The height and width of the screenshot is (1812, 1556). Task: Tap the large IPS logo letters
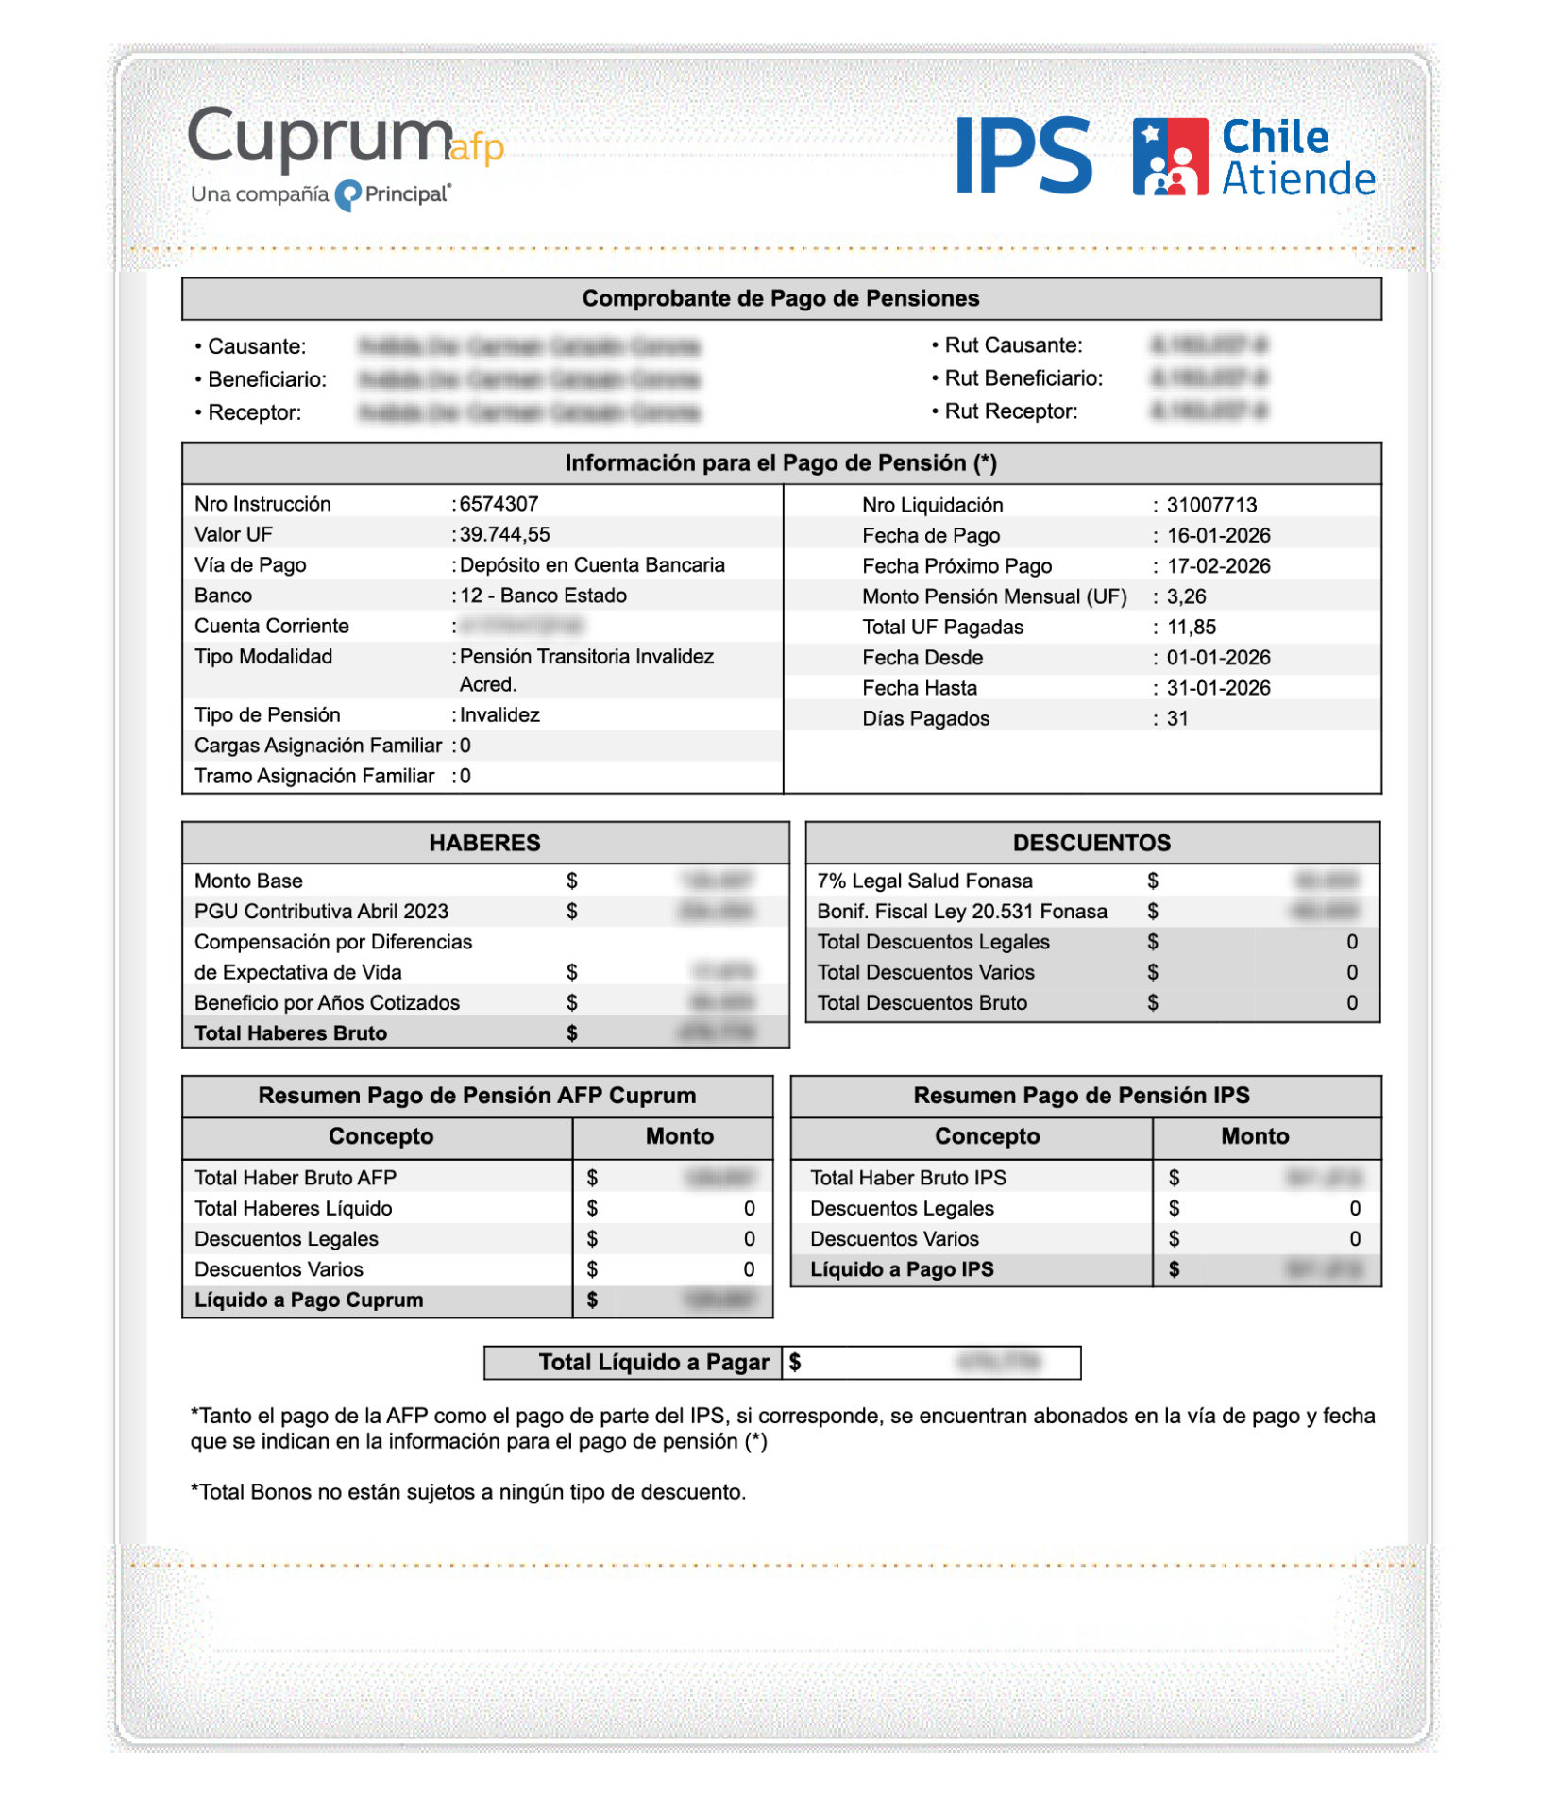1024,156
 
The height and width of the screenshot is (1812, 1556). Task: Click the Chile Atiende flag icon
1170,157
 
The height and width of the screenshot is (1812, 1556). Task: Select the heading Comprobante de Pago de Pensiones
780,298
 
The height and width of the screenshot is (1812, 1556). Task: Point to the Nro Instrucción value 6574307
499,504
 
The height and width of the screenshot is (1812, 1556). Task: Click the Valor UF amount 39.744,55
504,534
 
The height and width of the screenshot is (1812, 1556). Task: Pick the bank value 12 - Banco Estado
544,596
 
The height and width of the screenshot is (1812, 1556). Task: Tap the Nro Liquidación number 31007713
1211,505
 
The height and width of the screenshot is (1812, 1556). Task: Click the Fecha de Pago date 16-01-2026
1218,535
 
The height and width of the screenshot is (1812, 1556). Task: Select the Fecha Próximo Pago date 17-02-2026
1218,566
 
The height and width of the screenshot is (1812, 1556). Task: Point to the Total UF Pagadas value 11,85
1191,627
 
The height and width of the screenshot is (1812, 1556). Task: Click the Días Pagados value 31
1177,718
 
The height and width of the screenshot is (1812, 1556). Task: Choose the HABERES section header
484,843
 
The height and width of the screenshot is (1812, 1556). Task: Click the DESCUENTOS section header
1091,843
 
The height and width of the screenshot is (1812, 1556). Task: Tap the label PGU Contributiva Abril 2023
321,911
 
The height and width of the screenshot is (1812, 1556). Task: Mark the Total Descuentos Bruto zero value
1352,1002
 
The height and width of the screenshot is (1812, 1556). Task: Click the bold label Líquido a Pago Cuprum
309,1300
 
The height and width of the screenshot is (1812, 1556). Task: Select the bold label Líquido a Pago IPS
902,1269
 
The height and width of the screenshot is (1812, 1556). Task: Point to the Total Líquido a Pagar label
653,1362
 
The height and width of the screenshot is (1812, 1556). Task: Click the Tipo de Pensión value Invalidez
499,714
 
